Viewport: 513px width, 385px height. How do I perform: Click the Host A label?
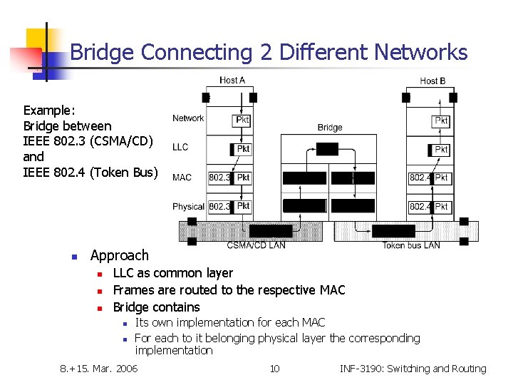point(232,81)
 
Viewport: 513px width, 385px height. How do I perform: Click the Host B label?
point(432,81)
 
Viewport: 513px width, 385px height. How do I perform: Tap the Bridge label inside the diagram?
point(330,128)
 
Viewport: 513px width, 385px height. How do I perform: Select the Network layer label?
point(188,118)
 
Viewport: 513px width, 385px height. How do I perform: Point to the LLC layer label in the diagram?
point(180,148)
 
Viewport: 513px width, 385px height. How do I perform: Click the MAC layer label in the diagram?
point(182,178)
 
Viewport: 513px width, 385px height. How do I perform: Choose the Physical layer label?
point(188,207)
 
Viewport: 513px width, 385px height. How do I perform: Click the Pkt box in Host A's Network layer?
point(242,120)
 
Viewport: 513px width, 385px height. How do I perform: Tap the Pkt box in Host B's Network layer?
point(442,122)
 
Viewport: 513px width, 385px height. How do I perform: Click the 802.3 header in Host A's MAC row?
point(219,178)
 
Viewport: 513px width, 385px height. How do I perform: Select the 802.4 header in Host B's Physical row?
point(420,207)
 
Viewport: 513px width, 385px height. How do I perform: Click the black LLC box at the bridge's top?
point(328,148)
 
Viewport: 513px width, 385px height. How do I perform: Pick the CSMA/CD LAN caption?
point(256,245)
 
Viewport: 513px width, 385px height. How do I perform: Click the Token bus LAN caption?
point(411,245)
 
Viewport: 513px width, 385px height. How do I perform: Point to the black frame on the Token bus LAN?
point(393,231)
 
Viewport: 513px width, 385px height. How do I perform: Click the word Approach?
point(120,255)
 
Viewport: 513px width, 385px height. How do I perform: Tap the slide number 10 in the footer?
point(274,369)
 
